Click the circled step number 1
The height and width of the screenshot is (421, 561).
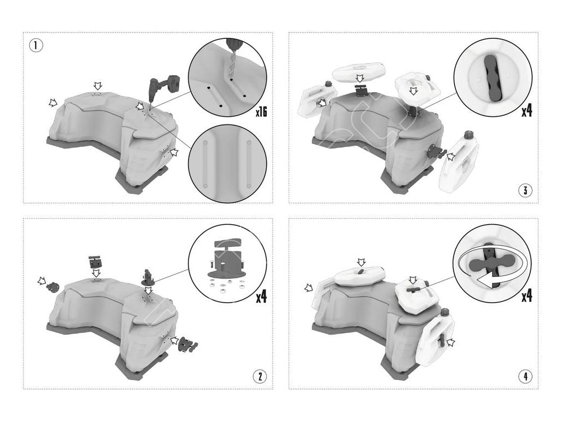point(36,45)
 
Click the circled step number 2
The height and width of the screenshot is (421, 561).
point(260,376)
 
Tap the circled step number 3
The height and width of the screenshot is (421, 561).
point(525,190)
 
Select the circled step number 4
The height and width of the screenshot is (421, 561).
point(525,376)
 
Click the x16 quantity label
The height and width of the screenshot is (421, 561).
point(261,112)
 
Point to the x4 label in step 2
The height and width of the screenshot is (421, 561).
point(261,296)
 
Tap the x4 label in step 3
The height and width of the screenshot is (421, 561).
point(526,110)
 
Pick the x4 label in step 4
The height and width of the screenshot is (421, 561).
point(526,295)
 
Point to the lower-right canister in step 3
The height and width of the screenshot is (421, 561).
point(461,161)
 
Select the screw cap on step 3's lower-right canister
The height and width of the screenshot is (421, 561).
point(469,135)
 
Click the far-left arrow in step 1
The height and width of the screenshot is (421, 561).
point(53,103)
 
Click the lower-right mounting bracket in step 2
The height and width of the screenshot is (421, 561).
point(188,344)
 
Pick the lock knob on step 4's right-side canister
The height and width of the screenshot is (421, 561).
point(442,338)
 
